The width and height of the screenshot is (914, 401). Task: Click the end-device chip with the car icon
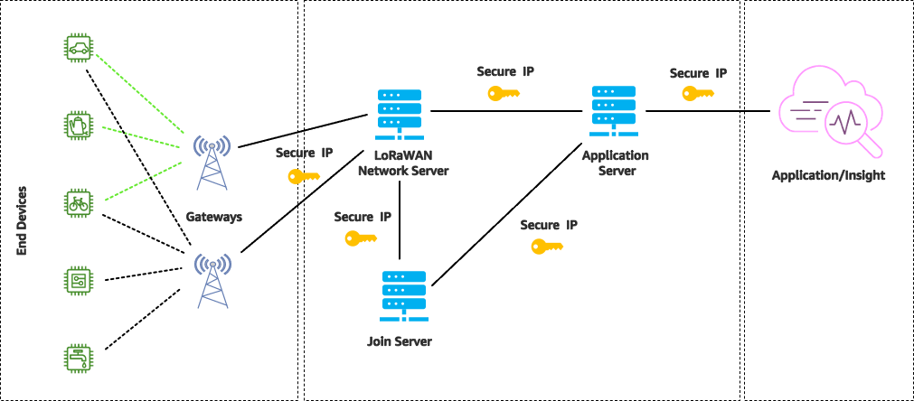[79, 47]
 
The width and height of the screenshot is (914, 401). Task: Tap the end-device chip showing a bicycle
[79, 202]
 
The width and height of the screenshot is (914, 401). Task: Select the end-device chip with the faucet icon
[79, 358]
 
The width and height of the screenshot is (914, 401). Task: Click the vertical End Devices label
[22, 220]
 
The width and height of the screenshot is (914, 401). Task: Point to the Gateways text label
[213, 217]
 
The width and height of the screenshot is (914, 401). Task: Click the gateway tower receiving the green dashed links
[212, 163]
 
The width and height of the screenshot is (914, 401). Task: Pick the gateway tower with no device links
[212, 280]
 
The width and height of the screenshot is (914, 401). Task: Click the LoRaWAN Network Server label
[402, 164]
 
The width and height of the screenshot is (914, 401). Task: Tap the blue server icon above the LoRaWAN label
[400, 113]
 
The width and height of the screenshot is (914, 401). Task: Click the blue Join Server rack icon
[404, 294]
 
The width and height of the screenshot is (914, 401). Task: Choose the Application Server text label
[616, 163]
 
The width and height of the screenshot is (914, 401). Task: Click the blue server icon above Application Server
[614, 109]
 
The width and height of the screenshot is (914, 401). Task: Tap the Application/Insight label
[827, 175]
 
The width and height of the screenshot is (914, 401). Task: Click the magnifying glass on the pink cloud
[853, 126]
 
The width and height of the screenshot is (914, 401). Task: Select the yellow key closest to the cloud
[697, 93]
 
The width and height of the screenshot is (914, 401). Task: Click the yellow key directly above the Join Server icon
[360, 238]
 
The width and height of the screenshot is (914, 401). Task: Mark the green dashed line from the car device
[136, 89]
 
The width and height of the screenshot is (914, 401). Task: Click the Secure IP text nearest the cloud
[697, 73]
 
